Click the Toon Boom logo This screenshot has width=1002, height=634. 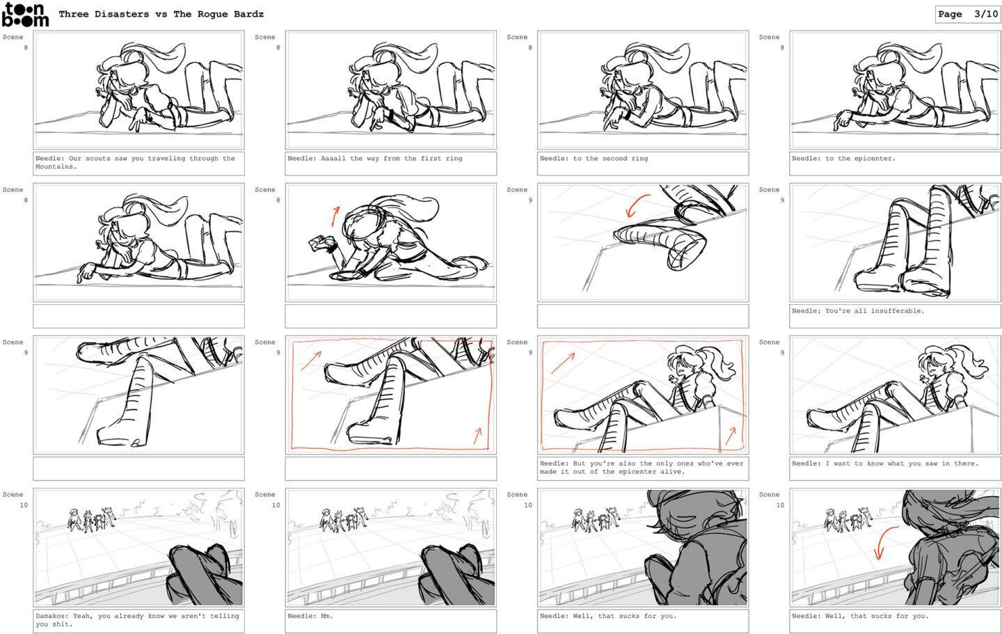26,15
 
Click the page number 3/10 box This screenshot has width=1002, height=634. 967,15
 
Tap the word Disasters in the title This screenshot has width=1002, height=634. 122,15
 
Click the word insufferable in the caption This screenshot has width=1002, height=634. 896,311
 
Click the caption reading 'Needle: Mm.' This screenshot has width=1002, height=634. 310,616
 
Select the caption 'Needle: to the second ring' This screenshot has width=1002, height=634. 594,159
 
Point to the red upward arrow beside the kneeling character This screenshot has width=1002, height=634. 335,216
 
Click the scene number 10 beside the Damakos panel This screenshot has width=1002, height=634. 23,505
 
